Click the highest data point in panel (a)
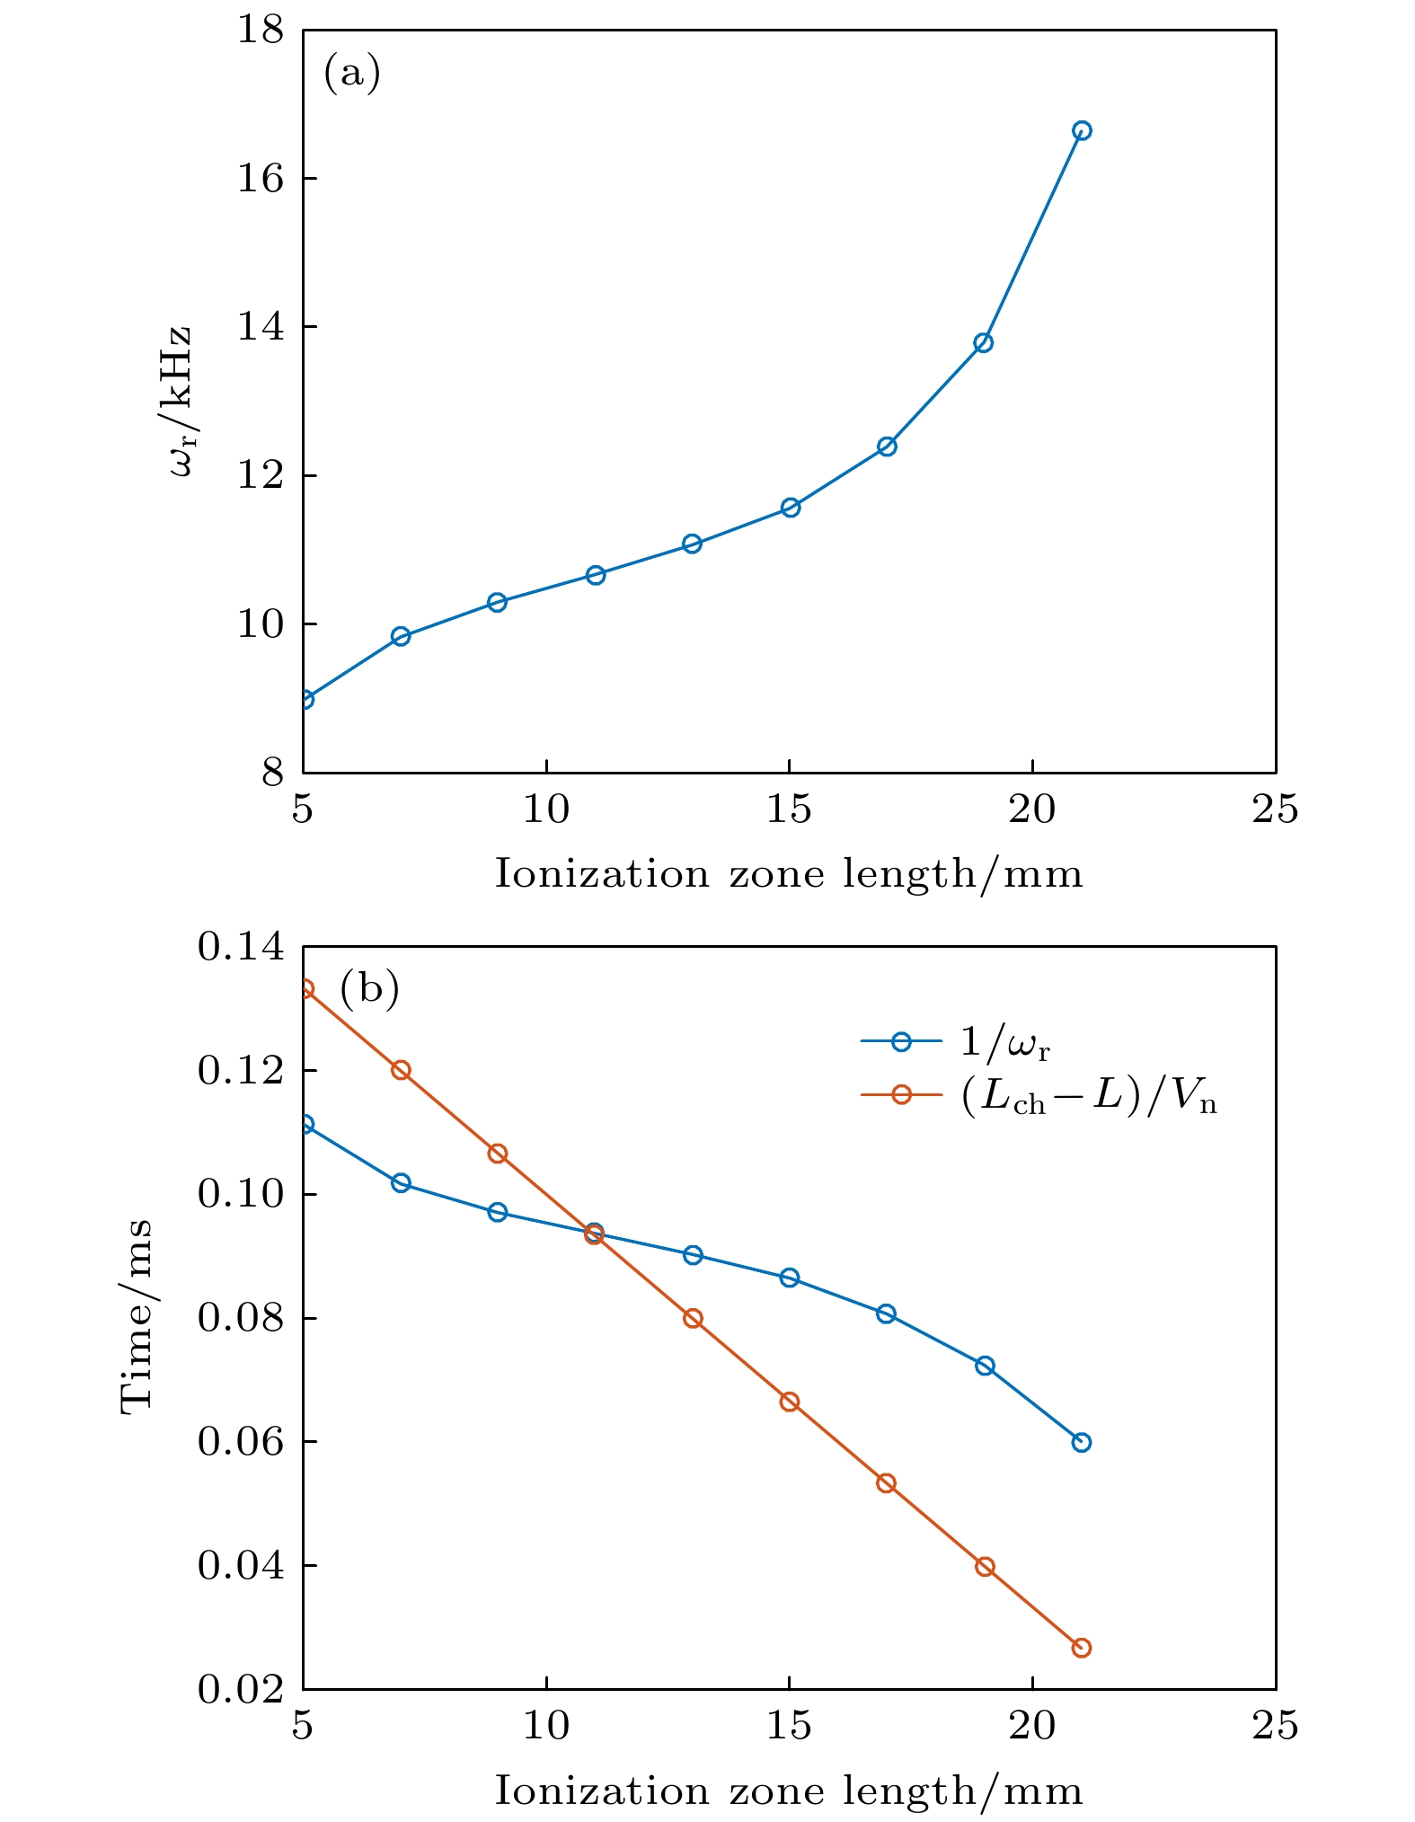pyautogui.click(x=1082, y=130)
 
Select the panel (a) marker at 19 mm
pyautogui.click(x=984, y=342)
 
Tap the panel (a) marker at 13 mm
pyautogui.click(x=692, y=544)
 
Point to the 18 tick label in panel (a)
pyautogui.click(x=261, y=31)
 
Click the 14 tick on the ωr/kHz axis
pyautogui.click(x=261, y=327)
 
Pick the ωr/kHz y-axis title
pyautogui.click(x=180, y=402)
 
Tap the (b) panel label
pyautogui.click(x=369, y=989)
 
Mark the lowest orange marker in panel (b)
pyautogui.click(x=1082, y=1648)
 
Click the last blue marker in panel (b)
pyautogui.click(x=1082, y=1442)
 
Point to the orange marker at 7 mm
pyautogui.click(x=401, y=1070)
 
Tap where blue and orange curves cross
pyautogui.click(x=594, y=1234)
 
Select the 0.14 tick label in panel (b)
pyautogui.click(x=241, y=947)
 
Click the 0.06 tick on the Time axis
pyautogui.click(x=241, y=1442)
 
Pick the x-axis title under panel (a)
pyautogui.click(x=789, y=874)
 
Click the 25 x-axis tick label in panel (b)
pyautogui.click(x=1275, y=1726)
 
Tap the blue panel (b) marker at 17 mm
pyautogui.click(x=887, y=1313)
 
